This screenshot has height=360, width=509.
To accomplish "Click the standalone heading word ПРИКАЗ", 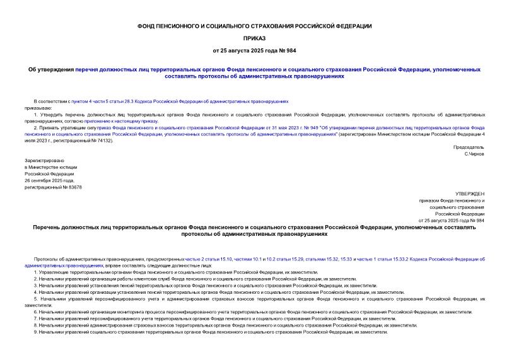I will (x=254, y=38).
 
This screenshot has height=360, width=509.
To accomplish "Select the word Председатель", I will (x=469, y=147).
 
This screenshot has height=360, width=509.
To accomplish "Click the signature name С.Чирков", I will (x=474, y=154).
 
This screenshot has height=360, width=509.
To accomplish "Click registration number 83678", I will (x=72, y=187).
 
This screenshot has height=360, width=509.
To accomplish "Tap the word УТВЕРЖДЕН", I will (x=469, y=194).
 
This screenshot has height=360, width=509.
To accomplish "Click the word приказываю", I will (x=37, y=107).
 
